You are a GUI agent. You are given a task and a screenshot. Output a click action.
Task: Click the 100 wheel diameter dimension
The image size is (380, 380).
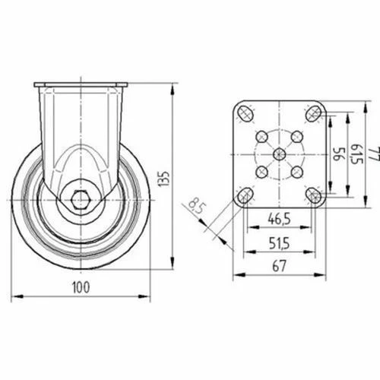(81, 287)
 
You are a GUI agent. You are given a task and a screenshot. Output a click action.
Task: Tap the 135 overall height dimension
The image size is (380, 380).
(164, 179)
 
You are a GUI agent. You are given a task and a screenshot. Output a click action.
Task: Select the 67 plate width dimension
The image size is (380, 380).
(279, 266)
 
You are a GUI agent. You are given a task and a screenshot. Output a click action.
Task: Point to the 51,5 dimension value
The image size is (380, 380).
(279, 243)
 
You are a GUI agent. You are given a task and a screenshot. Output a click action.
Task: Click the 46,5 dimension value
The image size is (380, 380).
(279, 219)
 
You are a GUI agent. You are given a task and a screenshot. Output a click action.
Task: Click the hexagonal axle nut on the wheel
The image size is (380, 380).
(81, 200)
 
